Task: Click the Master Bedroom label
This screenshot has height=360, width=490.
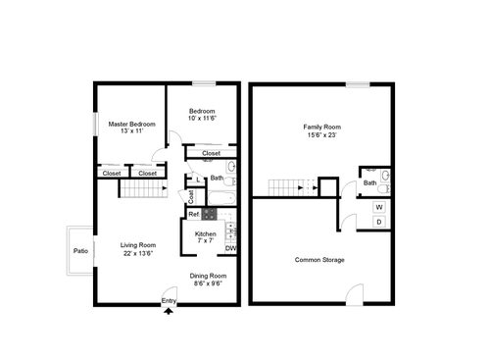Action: (130, 125)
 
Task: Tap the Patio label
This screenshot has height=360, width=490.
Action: (80, 251)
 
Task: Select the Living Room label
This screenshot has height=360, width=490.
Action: (138, 244)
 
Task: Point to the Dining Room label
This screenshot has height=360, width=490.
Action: (208, 276)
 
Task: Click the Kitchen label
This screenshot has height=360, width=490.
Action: (206, 233)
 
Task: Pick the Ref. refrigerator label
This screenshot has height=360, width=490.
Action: (194, 214)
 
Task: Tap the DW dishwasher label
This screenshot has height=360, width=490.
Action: (230, 248)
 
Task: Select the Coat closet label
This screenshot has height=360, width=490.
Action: (191, 196)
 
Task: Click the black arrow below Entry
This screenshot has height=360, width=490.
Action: (171, 311)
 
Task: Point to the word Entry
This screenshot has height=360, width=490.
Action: (170, 301)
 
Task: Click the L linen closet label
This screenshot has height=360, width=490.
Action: (200, 179)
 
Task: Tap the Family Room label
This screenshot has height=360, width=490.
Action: (320, 128)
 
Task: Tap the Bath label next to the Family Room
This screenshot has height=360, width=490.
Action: (370, 182)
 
